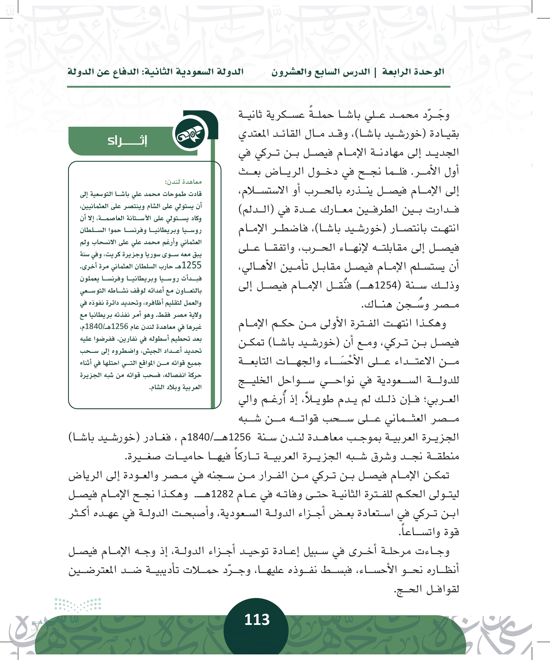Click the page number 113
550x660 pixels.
click(x=257, y=619)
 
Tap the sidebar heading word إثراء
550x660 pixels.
click(x=127, y=140)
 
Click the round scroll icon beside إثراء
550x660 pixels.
click(x=190, y=134)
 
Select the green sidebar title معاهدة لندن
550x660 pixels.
click(x=183, y=182)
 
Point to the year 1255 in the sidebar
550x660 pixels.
click(x=191, y=266)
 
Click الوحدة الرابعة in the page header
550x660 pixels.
click(x=413, y=72)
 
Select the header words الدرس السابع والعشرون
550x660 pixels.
click(x=321, y=72)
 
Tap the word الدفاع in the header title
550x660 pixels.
click(x=121, y=72)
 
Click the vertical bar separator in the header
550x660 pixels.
click(x=375, y=72)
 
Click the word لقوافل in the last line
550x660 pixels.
click(x=443, y=589)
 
